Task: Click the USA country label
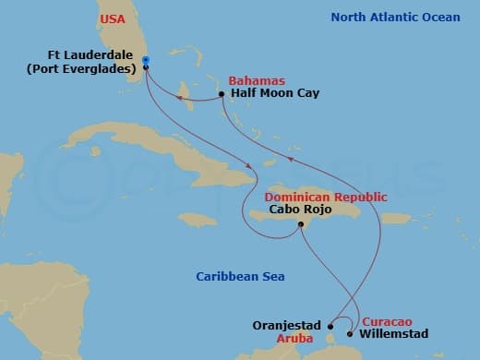(113, 18)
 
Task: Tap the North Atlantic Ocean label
(395, 17)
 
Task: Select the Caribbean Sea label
(240, 276)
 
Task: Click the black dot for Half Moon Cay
(222, 94)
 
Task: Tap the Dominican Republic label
(325, 198)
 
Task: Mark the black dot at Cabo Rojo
(300, 225)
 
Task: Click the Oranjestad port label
(285, 326)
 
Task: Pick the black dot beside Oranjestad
(330, 326)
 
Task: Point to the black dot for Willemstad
(350, 333)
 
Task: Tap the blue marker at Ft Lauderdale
(146, 61)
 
